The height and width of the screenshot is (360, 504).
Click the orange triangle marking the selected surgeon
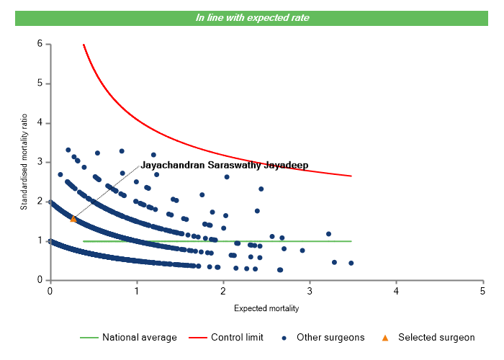73,218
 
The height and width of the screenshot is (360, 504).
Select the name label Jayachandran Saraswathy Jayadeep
224,165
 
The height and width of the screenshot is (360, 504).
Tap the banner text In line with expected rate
252,17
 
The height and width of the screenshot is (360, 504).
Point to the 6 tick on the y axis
40,44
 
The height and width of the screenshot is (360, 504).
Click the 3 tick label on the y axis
40,162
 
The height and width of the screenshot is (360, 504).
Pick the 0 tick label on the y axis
40,280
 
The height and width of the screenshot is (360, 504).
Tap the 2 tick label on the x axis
223,291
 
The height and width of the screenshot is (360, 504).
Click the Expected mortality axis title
266,308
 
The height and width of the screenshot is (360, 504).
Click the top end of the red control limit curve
84,45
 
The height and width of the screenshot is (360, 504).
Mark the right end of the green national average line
351,241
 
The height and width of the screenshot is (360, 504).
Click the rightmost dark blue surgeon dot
351,263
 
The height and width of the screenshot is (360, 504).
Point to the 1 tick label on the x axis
137,291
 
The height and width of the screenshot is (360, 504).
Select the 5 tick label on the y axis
40,84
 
